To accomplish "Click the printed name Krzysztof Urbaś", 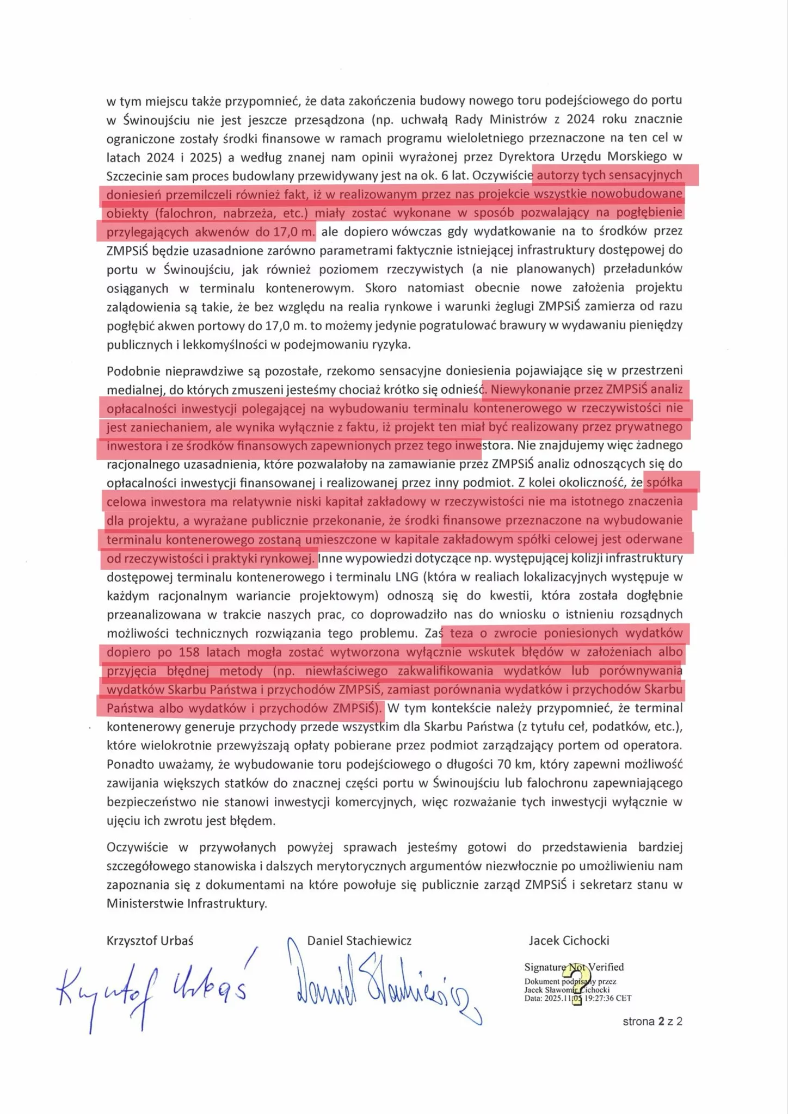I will click(150, 940).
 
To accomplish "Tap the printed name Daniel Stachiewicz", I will click(359, 940).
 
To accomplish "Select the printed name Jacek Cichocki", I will click(569, 940).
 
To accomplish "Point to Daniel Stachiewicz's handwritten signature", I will click(381, 985).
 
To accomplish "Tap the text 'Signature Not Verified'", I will click(574, 967).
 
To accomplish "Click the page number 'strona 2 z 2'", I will click(652, 1022).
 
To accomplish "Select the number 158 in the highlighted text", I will click(189, 652).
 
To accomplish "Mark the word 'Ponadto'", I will click(129, 764).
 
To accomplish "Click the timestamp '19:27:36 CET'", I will click(608, 998).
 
